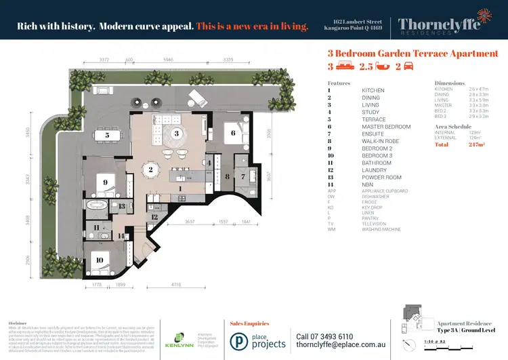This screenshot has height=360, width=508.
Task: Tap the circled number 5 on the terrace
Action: pos(108,135)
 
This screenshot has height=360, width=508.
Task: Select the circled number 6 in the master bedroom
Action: pos(234,133)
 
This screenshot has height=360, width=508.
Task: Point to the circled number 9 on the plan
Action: pos(106,182)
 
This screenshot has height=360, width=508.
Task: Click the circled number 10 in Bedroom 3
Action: pos(100,258)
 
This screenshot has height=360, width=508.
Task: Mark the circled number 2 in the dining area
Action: pos(151,169)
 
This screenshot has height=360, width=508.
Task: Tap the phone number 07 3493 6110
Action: pos(324,336)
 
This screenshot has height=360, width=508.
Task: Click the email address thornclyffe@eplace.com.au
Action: pos(341,346)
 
